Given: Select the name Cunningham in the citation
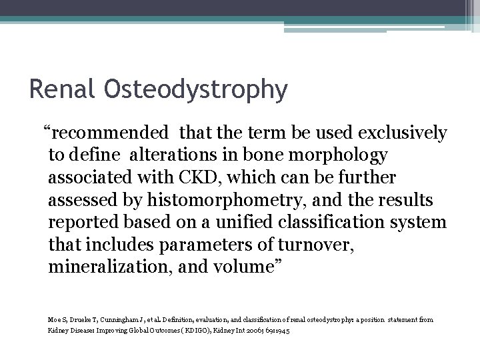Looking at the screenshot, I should click(103, 320).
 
